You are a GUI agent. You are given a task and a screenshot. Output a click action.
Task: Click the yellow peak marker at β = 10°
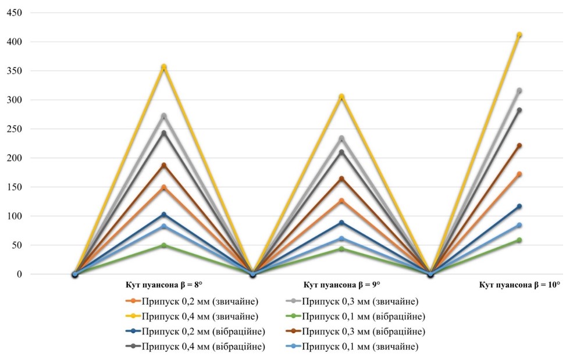519,35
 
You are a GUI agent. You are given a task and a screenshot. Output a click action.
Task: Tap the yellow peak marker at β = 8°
164,67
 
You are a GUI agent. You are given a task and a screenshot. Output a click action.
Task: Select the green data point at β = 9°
341,249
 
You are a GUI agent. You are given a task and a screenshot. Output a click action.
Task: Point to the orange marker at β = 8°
164,187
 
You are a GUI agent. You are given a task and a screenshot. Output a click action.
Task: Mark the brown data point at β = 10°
519,145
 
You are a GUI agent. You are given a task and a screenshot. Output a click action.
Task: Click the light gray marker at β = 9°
341,138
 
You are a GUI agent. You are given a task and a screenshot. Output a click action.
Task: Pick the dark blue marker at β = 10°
519,206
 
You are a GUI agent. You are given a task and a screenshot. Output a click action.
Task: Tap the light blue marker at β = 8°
164,226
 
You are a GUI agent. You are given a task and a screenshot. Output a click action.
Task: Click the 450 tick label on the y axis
15,13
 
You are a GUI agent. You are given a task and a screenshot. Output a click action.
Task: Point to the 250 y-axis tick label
15,129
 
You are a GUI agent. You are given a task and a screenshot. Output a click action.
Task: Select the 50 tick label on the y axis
17,245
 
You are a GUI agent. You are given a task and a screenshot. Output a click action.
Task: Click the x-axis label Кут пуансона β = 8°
164,285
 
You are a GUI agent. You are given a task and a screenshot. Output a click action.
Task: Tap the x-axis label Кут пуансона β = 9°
341,285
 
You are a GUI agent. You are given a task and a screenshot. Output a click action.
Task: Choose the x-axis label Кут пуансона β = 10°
519,285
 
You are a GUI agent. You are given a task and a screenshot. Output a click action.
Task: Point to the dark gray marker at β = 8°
164,133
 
